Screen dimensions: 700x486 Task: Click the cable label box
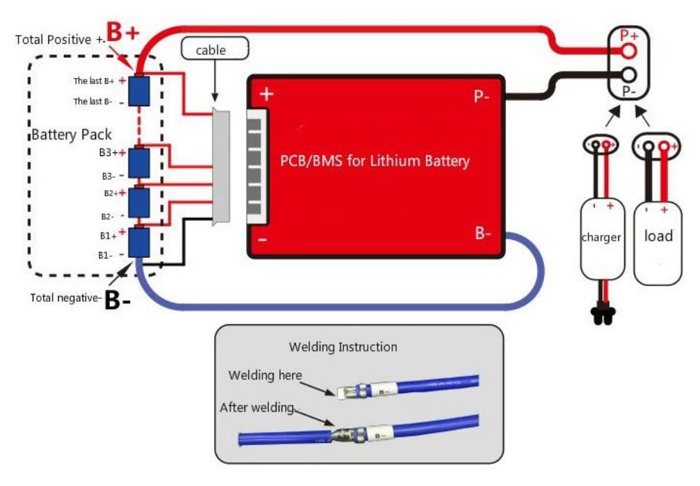click(215, 48)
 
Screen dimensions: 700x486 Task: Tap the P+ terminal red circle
click(629, 51)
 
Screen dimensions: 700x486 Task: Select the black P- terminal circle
click(629, 74)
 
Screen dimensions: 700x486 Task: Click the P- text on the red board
click(482, 96)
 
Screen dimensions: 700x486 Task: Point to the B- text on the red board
click(483, 233)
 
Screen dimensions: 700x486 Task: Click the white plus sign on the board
click(267, 94)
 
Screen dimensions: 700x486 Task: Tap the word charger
click(601, 237)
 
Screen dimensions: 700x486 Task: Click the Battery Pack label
click(71, 135)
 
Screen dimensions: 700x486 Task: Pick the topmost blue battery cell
click(139, 91)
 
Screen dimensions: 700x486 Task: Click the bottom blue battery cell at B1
click(139, 242)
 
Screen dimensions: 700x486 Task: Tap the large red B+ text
click(123, 32)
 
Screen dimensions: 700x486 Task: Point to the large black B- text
click(118, 300)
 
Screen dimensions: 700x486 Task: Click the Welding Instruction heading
click(343, 347)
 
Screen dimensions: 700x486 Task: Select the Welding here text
click(265, 375)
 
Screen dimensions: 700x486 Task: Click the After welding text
click(256, 407)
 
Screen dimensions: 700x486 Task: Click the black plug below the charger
click(603, 314)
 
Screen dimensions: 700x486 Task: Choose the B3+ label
click(112, 152)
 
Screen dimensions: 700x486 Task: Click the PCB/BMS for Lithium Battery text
click(375, 161)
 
